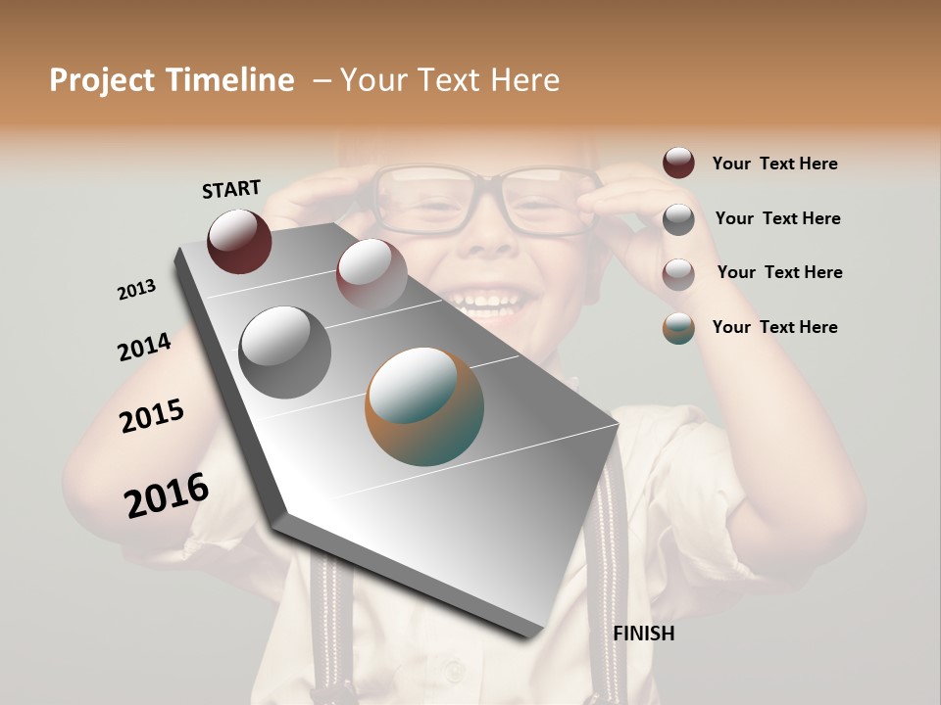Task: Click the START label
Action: (231, 189)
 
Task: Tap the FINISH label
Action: (643, 634)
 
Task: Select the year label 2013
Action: (137, 289)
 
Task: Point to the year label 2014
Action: (144, 347)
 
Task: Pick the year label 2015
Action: (152, 416)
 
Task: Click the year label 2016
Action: (167, 495)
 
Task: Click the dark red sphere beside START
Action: (239, 241)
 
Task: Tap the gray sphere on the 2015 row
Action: (284, 352)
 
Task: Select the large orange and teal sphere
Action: (424, 406)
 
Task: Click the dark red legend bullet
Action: (678, 163)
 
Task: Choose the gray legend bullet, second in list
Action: (678, 218)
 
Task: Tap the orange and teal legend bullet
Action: (678, 328)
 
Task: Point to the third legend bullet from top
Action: (678, 273)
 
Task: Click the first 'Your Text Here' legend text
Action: (774, 164)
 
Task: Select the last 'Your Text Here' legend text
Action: (774, 327)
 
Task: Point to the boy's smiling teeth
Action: (487, 300)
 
